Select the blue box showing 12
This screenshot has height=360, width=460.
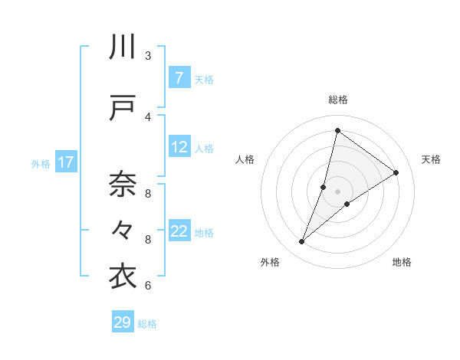point(179,148)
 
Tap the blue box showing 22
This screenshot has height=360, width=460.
point(179,232)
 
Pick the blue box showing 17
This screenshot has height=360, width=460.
point(65,162)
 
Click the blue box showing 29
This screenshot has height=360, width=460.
point(123,322)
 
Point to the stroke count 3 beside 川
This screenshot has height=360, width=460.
point(148,55)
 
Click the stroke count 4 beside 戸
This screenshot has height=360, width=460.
point(148,116)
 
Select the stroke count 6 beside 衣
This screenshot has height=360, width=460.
point(148,285)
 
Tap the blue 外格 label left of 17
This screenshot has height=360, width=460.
point(41,163)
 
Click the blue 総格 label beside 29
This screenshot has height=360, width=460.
point(147,324)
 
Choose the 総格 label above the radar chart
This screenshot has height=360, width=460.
point(338,100)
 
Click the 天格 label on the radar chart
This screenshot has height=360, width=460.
point(432,159)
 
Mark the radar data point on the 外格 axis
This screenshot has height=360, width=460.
point(302,242)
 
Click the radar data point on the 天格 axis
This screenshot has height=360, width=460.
point(396,172)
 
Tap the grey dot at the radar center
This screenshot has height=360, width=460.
point(338,191)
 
